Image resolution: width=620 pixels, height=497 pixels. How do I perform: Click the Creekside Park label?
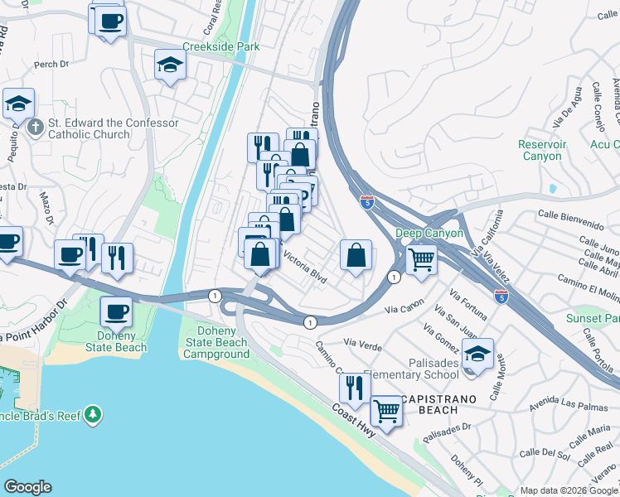point(220,47)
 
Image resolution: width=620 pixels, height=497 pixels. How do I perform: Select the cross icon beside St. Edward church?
point(35,128)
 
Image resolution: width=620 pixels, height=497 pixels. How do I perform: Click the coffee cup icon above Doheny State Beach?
point(116,313)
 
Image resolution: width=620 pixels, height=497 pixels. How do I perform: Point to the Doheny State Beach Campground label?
point(216,343)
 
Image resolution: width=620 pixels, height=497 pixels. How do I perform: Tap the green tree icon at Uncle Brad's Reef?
point(94,413)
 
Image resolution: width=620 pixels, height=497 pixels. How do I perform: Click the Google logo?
point(27,487)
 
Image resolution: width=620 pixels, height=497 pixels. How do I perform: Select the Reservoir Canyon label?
point(541,150)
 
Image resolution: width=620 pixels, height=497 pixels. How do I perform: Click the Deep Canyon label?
point(429,234)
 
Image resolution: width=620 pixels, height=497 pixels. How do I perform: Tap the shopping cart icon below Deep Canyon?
point(422,260)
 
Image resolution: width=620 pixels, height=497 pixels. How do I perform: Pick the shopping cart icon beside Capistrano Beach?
point(385,410)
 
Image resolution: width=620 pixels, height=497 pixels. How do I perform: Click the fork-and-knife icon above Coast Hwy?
point(354,388)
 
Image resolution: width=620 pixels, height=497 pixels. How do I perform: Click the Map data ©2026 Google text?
point(568,490)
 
